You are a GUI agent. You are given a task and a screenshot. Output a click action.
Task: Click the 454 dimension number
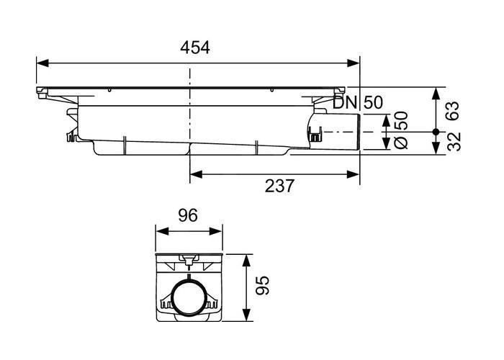click(195, 48)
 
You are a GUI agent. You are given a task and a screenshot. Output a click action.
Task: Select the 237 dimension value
click(279, 186)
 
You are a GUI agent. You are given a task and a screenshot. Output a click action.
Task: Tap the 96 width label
click(188, 215)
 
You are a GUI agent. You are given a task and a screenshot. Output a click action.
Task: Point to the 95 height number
click(262, 285)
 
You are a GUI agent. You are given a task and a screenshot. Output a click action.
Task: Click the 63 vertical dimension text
click(454, 111)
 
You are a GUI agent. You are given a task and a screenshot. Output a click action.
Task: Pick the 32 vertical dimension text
click(454, 142)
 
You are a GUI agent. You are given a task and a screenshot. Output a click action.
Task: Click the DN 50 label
click(358, 103)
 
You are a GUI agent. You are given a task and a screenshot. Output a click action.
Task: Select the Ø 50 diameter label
click(400, 130)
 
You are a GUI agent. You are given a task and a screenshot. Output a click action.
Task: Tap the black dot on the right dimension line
click(436, 132)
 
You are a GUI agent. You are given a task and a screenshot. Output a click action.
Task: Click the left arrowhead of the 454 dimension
click(42, 63)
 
